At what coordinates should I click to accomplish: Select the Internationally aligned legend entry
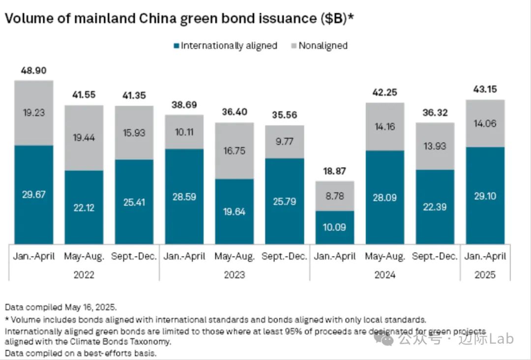225,46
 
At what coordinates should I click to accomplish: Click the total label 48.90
33,71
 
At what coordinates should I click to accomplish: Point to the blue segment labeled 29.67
33,195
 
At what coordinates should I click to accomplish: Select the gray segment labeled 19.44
84,138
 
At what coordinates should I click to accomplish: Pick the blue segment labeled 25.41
134,202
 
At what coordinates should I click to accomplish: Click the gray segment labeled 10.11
184,132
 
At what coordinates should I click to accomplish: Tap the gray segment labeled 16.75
234,150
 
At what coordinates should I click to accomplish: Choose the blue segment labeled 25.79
285,201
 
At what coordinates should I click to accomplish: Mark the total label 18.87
335,172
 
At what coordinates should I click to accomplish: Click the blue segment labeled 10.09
335,227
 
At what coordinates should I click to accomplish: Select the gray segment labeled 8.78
335,196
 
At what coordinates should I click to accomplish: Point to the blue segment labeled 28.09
385,197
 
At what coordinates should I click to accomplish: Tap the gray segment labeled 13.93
435,146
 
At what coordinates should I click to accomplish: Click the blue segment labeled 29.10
485,195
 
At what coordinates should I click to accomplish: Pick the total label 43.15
485,90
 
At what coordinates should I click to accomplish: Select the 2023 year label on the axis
234,275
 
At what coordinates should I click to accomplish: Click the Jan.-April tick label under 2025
485,257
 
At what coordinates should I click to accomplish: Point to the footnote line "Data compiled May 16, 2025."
60,307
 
